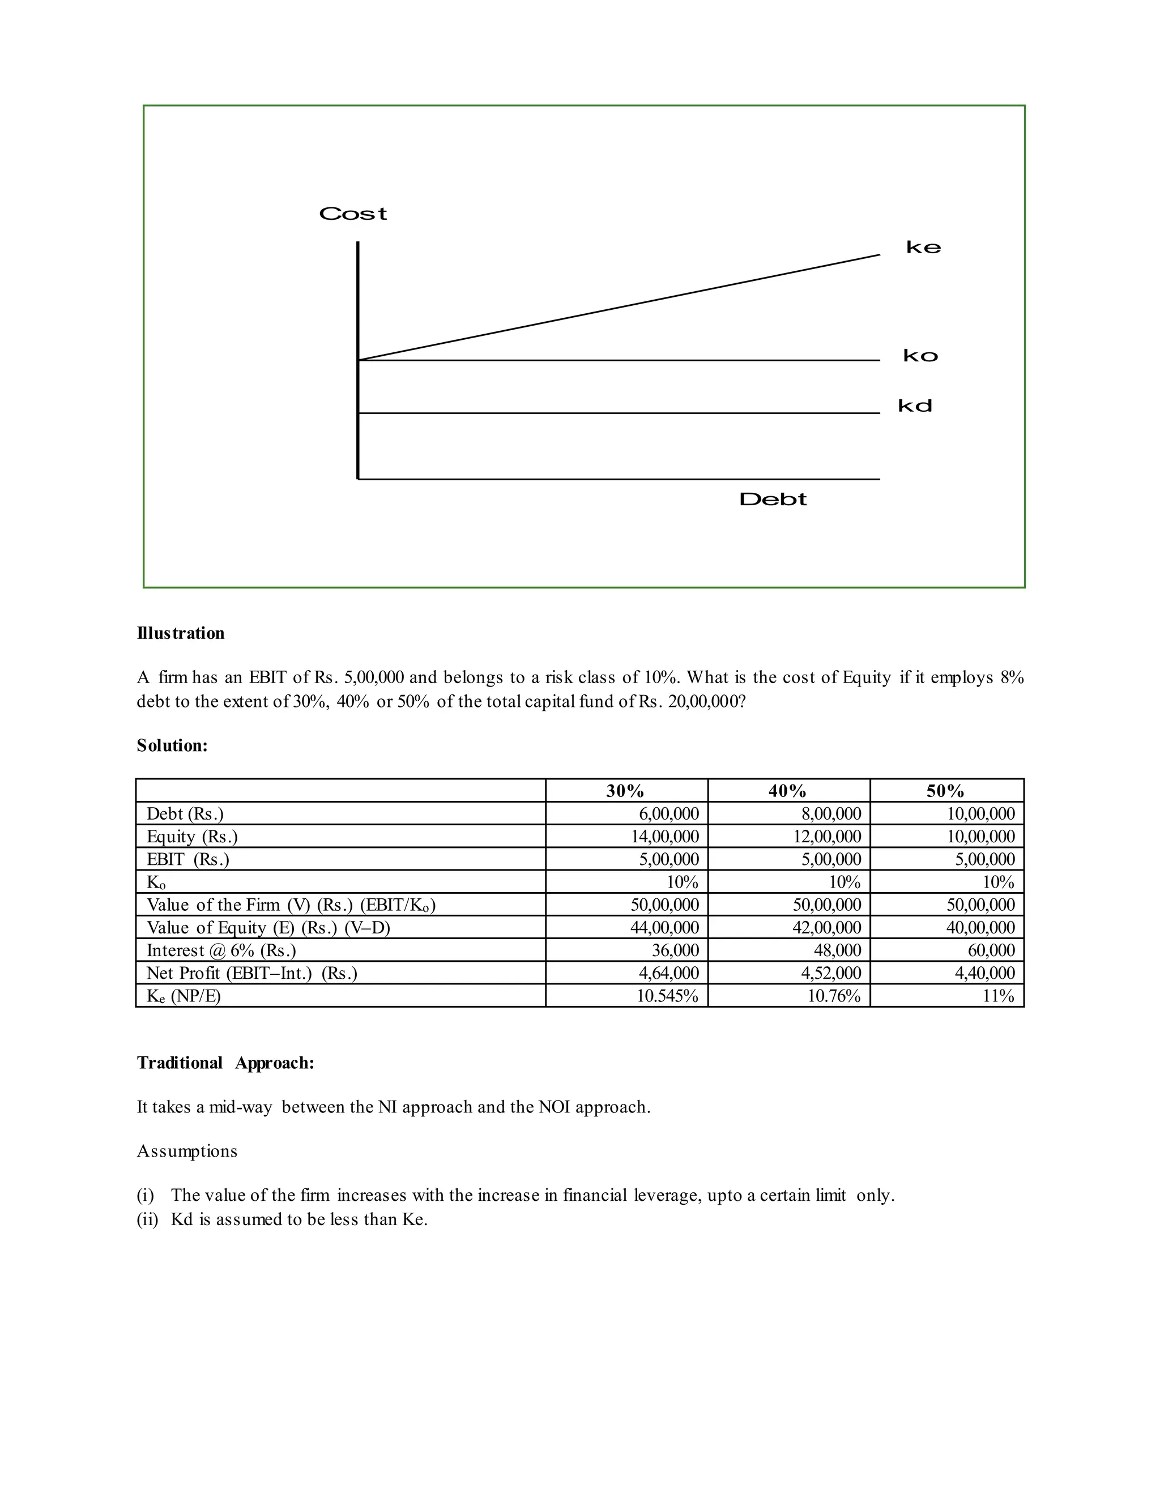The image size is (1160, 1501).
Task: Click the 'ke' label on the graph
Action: click(923, 248)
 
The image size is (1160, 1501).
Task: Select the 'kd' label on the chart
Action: click(915, 406)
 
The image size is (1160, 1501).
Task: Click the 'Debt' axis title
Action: click(773, 500)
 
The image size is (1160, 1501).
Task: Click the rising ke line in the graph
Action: click(619, 306)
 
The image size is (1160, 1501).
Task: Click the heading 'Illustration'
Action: click(181, 633)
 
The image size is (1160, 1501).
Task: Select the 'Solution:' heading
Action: click(172, 746)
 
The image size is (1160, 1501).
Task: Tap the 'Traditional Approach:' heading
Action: click(225, 1063)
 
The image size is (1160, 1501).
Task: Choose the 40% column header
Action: click(787, 791)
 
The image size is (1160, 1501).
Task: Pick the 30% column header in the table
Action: click(625, 791)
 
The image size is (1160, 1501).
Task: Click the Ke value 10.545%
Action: click(667, 996)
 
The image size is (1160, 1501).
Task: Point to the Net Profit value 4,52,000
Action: click(831, 973)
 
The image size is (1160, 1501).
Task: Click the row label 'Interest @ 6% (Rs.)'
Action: click(221, 950)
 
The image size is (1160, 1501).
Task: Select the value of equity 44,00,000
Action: click(664, 928)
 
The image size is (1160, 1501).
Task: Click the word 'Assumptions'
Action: click(187, 1151)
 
